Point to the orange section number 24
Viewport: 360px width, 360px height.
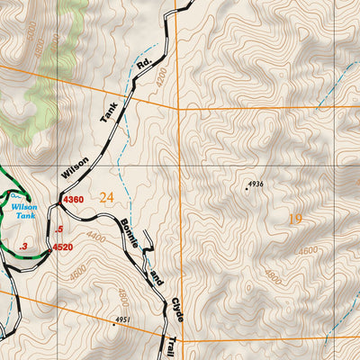click(x=108, y=197)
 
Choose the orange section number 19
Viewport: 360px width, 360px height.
click(x=295, y=218)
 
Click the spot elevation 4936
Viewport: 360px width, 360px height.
click(x=256, y=184)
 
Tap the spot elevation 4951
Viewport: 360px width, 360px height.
click(x=123, y=320)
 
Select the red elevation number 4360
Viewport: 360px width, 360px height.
click(x=72, y=200)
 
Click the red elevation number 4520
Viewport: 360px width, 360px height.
click(x=62, y=246)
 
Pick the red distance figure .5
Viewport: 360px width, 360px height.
click(x=58, y=229)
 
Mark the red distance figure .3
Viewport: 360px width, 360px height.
click(x=24, y=246)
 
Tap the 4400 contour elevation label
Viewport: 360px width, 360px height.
click(x=97, y=238)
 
